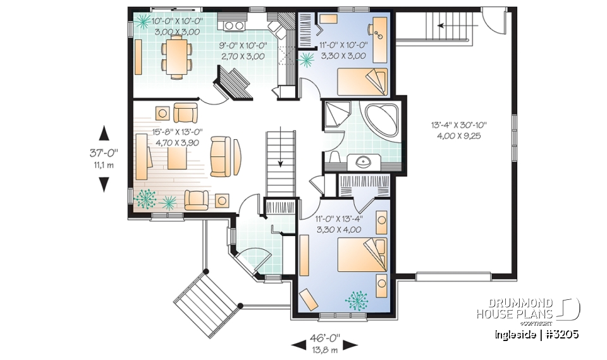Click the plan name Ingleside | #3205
pyautogui.click(x=536, y=334)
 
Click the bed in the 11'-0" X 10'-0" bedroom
pyautogui.click(x=360, y=81)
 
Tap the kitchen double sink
pyautogui.click(x=233, y=26)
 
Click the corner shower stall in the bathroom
pyautogui.click(x=335, y=115)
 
